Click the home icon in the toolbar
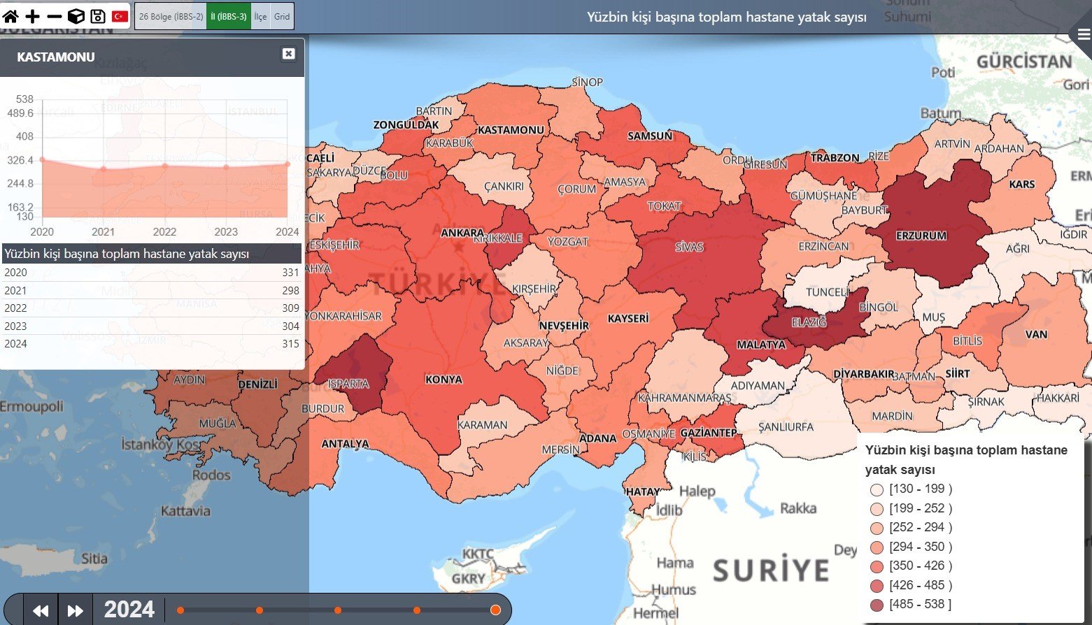(x=10, y=16)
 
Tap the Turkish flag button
(x=120, y=16)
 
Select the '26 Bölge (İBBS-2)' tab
(x=171, y=16)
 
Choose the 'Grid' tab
(x=282, y=16)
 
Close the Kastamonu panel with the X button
(x=288, y=54)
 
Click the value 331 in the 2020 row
(x=290, y=273)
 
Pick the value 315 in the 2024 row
(x=290, y=344)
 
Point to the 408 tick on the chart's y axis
(x=24, y=136)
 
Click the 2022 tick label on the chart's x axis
(x=164, y=232)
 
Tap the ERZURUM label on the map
(x=921, y=236)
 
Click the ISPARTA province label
(x=348, y=384)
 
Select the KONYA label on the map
(x=444, y=380)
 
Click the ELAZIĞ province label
(x=809, y=322)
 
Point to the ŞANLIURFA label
(x=786, y=426)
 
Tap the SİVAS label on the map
(x=689, y=247)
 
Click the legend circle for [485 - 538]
(x=877, y=605)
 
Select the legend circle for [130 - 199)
(x=877, y=489)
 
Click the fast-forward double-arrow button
(x=75, y=610)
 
